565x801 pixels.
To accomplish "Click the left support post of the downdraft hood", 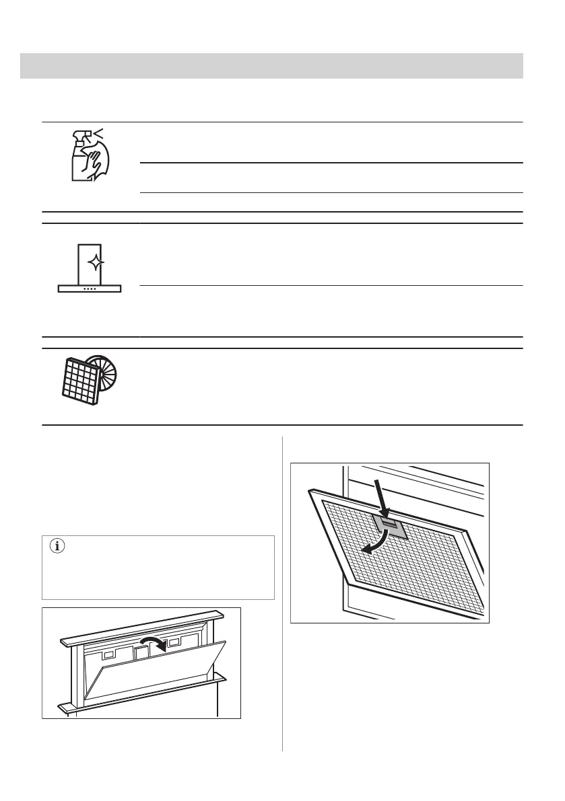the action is click(71, 676).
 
